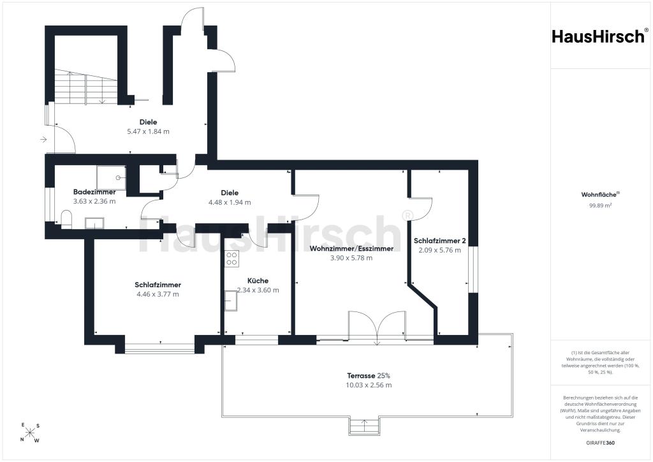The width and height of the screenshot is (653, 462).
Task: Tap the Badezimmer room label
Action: tap(94, 192)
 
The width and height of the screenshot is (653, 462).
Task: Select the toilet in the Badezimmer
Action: tap(66, 220)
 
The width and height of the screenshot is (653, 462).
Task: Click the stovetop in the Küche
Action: tap(231, 258)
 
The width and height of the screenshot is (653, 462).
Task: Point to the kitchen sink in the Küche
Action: tap(231, 301)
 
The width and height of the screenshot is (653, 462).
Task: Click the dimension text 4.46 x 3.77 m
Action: tap(158, 294)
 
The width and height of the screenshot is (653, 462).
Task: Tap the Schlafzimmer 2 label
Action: tap(440, 241)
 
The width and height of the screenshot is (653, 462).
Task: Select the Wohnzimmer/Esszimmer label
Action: tap(351, 249)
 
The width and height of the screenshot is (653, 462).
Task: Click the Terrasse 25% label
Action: tap(369, 376)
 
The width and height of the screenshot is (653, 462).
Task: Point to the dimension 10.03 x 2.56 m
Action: tap(369, 385)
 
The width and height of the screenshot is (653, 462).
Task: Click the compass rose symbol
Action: tap(30, 433)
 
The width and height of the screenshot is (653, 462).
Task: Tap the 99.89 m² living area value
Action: tap(600, 205)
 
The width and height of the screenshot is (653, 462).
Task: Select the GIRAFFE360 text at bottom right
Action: tap(600, 443)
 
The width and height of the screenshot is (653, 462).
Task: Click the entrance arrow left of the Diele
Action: tap(43, 140)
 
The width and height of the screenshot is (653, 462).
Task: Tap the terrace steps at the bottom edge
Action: tap(364, 426)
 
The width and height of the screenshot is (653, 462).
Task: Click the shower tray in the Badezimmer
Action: tap(111, 177)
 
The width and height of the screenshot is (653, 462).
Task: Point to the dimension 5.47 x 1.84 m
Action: tap(148, 131)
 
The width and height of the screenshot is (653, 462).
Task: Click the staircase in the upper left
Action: tap(86, 87)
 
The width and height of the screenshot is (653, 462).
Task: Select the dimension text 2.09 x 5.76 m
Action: tap(440, 250)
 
